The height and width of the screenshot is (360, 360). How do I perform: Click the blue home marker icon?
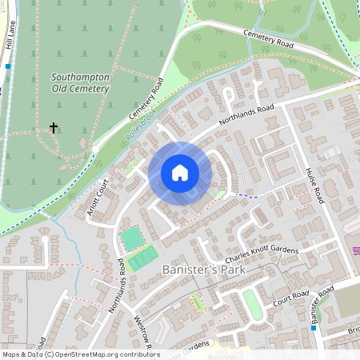(x=179, y=173)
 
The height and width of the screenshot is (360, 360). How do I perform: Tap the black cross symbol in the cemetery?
(x=54, y=128)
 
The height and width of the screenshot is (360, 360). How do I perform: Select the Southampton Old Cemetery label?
(x=79, y=83)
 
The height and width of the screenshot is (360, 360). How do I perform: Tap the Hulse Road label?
(x=312, y=185)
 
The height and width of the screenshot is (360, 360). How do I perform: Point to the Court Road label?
(x=290, y=298)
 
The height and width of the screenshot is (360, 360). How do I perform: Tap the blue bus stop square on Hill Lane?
(x=8, y=66)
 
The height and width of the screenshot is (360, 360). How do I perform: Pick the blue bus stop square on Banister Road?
(x=314, y=328)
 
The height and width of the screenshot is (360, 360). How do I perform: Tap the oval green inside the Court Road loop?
(x=251, y=305)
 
